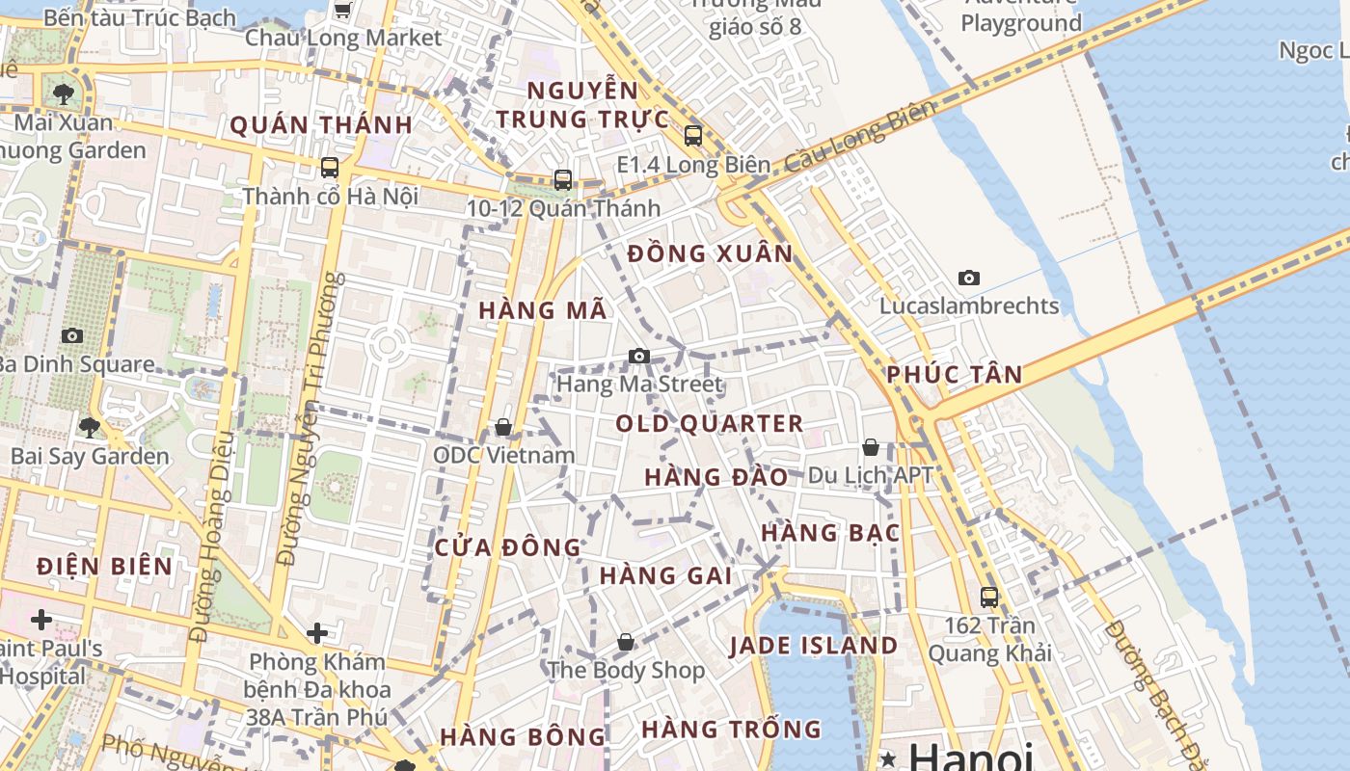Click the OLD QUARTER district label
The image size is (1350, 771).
[x=709, y=424]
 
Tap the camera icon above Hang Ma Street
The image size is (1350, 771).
[x=638, y=357]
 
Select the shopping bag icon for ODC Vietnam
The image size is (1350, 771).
[x=502, y=427]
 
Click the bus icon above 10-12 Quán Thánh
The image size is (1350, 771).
[x=562, y=180]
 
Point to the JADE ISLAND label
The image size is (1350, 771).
[x=813, y=646]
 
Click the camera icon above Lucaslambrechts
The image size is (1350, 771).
[x=969, y=279]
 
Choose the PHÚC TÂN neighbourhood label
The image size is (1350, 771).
[x=954, y=375]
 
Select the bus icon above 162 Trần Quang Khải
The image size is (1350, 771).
[x=988, y=597]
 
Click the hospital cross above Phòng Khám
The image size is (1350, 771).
[x=317, y=633]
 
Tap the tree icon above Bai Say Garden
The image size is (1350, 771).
[x=90, y=427]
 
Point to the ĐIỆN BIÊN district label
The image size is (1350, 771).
[x=105, y=567]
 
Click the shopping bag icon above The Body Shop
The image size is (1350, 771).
[x=626, y=642]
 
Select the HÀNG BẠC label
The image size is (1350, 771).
[x=829, y=533]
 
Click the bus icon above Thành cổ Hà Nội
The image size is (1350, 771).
[x=330, y=168]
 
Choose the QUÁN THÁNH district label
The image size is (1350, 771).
[x=321, y=125]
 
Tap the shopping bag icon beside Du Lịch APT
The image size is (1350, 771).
[x=870, y=447]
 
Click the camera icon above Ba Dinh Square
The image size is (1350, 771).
[x=72, y=335]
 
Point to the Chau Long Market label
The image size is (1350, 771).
[x=342, y=39]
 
